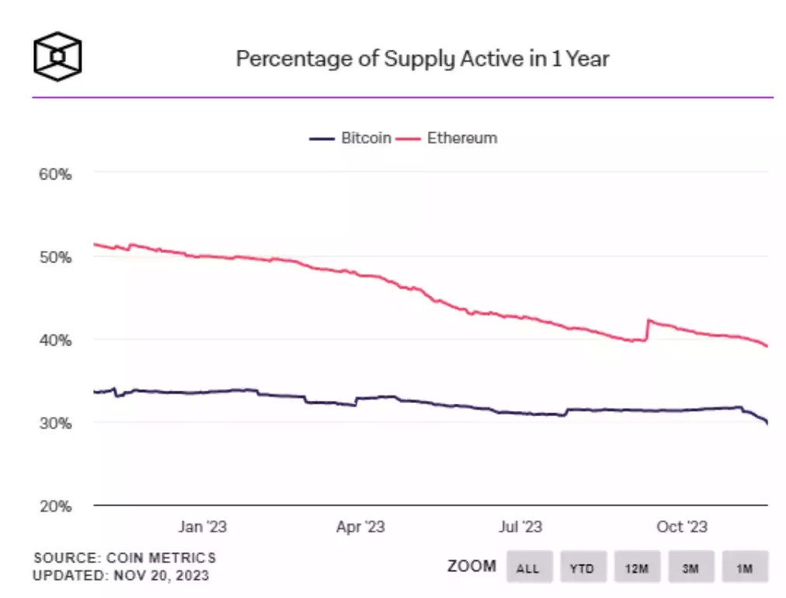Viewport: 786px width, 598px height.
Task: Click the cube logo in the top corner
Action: click(57, 57)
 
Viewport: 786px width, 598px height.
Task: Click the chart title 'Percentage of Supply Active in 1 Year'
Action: click(422, 59)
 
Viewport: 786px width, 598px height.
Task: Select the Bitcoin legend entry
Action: click(350, 138)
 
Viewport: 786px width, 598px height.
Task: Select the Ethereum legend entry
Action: click(447, 138)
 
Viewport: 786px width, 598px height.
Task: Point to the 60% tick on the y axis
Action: click(55, 174)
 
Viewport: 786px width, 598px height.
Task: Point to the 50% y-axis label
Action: click(55, 257)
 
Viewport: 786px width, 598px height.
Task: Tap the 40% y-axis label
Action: click(55, 340)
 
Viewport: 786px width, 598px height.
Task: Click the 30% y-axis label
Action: click(55, 423)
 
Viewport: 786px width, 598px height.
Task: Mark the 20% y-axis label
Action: click(55, 506)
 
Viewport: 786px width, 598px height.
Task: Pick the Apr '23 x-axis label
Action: click(360, 527)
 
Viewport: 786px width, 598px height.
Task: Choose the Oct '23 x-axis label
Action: click(681, 527)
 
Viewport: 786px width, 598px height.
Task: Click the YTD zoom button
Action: click(582, 568)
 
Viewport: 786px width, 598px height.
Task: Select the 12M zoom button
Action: click(637, 568)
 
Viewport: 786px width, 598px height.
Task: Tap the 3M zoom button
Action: click(690, 568)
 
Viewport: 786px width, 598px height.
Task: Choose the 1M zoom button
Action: click(745, 568)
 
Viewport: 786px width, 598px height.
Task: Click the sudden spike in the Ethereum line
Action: click(649, 320)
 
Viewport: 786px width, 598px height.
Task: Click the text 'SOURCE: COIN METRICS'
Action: click(124, 558)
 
